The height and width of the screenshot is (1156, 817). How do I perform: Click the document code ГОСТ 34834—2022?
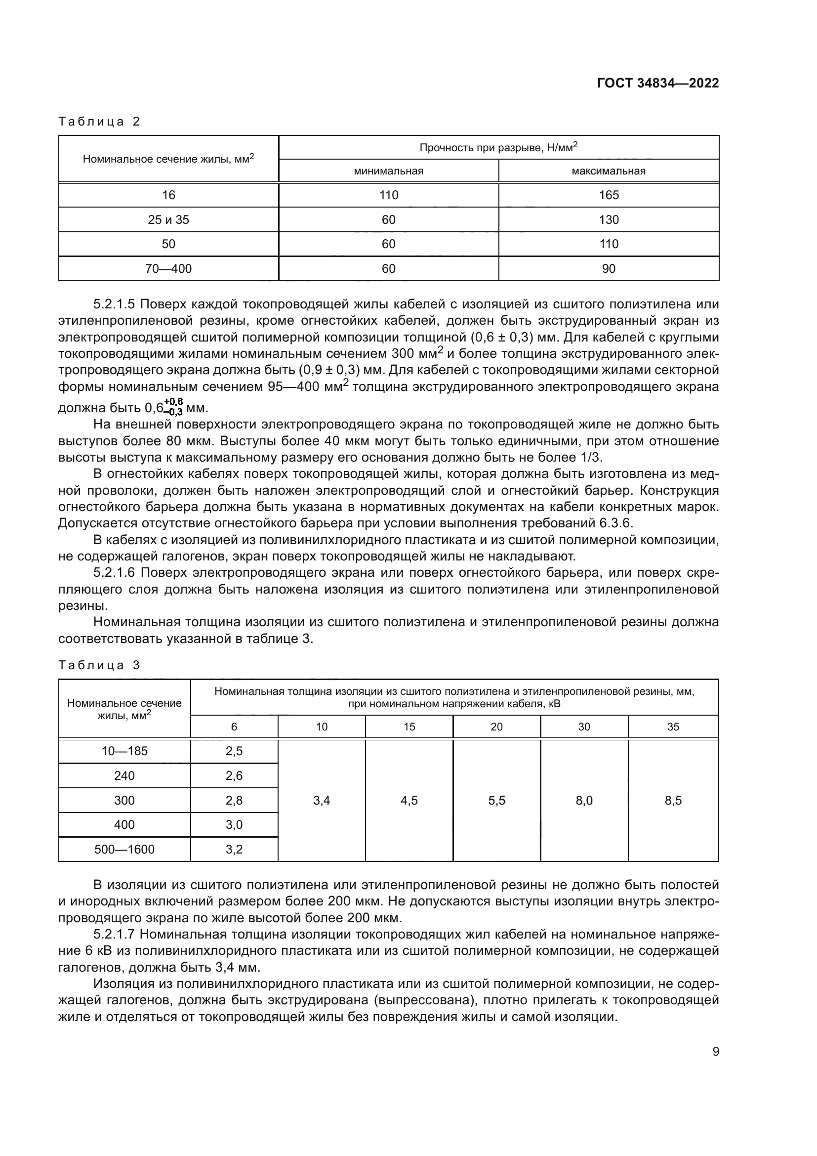pyautogui.click(x=657, y=84)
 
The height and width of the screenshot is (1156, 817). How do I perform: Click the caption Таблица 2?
pyautogui.click(x=99, y=122)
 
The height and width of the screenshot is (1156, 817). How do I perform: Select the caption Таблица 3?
pyautogui.click(x=99, y=665)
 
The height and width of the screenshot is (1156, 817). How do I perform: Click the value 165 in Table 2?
pyautogui.click(x=608, y=195)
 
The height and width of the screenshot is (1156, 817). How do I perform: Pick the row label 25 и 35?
pyautogui.click(x=168, y=220)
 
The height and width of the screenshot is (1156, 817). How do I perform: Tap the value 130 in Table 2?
pyautogui.click(x=608, y=220)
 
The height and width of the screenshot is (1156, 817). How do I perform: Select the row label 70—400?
pyautogui.click(x=168, y=269)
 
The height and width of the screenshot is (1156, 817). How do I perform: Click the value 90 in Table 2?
pyautogui.click(x=608, y=269)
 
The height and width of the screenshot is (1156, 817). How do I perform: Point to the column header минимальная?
pyautogui.click(x=388, y=171)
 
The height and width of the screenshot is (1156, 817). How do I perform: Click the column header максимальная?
pyautogui.click(x=608, y=171)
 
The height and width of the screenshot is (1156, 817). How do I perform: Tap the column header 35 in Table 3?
pyautogui.click(x=673, y=727)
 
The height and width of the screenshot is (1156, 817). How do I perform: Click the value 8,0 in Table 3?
pyautogui.click(x=584, y=801)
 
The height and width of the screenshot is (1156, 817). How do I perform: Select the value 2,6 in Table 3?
pyautogui.click(x=234, y=776)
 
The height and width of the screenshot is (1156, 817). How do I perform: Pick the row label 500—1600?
pyautogui.click(x=124, y=850)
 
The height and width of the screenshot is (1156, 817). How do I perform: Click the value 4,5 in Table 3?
pyautogui.click(x=409, y=801)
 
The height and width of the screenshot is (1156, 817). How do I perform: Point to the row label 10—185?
pyautogui.click(x=124, y=751)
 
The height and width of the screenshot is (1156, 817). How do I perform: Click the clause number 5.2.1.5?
pyautogui.click(x=114, y=304)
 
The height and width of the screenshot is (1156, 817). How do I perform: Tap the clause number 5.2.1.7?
pyautogui.click(x=114, y=935)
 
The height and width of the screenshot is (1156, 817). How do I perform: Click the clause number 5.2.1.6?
pyautogui.click(x=114, y=573)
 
